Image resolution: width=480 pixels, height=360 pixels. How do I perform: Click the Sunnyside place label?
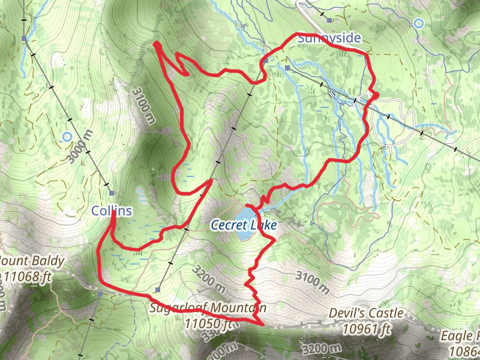[x=329, y=38]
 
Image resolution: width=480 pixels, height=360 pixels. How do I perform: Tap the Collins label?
[x=112, y=211]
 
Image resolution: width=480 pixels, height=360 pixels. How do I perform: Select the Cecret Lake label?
[x=244, y=226]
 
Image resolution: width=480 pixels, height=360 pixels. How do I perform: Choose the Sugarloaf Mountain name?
[x=208, y=308]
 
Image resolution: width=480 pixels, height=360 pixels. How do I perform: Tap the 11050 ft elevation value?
[x=208, y=323]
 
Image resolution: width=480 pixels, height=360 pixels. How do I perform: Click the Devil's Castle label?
[x=366, y=313]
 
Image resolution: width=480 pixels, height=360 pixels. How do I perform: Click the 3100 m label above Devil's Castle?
[x=313, y=282]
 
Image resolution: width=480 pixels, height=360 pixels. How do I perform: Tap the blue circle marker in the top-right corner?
[x=419, y=23]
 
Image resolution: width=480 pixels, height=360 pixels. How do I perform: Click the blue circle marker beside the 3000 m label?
[x=67, y=137]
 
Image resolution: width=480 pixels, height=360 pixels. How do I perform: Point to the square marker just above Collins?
[x=112, y=193]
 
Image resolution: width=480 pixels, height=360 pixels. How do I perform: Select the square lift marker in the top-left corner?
[x=24, y=39]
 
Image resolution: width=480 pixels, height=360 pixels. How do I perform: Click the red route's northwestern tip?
[x=156, y=43]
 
